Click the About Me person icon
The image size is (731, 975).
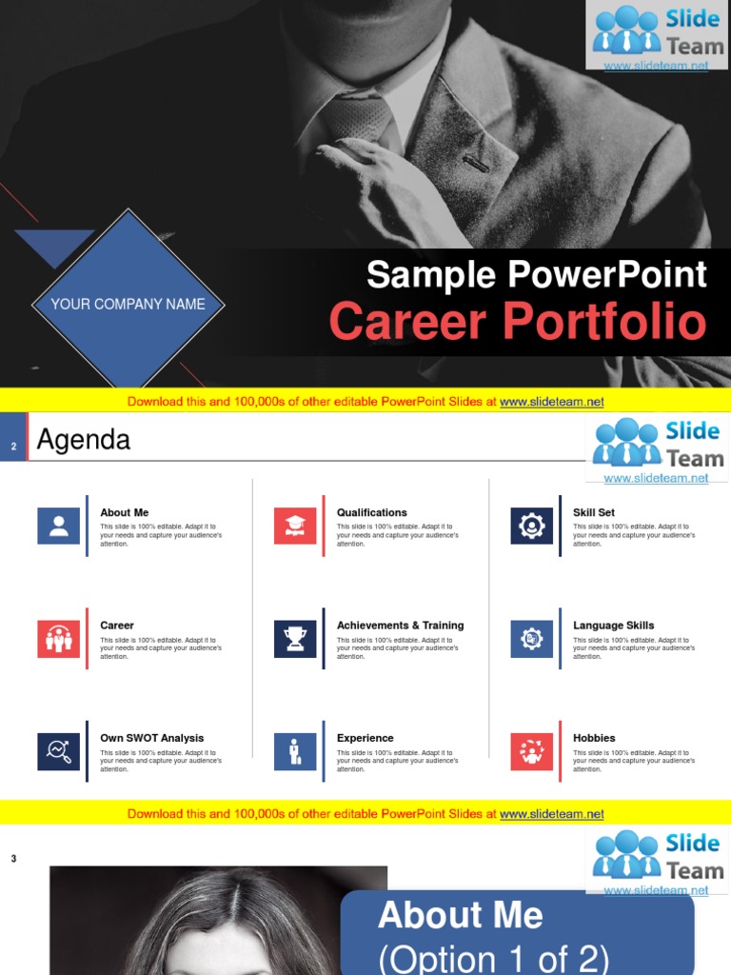click(58, 526)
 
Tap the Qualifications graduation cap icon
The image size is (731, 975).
click(295, 526)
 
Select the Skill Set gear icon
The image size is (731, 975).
click(531, 526)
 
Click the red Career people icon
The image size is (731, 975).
click(58, 638)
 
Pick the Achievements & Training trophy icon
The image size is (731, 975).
click(295, 638)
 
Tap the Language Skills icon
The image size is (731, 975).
click(531, 638)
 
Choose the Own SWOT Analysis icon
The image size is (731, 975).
click(58, 751)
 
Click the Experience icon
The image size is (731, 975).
click(295, 751)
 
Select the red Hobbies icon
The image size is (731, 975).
click(531, 751)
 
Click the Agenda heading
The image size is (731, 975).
click(83, 440)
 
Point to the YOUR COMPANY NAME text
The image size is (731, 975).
click(128, 305)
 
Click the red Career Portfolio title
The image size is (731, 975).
click(518, 322)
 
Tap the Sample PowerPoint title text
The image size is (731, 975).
click(536, 275)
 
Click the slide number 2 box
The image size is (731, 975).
click(13, 446)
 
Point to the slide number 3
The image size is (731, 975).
click(13, 859)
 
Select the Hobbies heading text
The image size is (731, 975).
click(594, 738)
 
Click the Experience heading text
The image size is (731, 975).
click(365, 738)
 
